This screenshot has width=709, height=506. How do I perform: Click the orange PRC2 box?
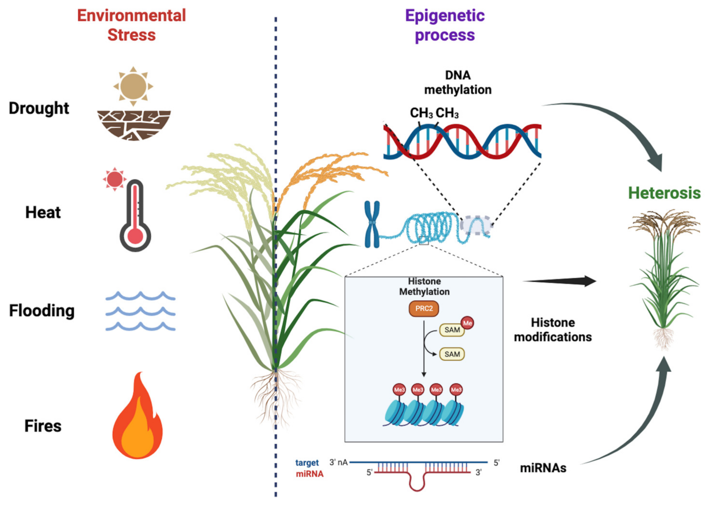pos(424,308)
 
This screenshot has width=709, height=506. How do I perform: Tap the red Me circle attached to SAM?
pos(467,323)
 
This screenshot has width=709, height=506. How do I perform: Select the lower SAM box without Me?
pos(452,354)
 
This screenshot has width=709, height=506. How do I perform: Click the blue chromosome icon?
pos(372,224)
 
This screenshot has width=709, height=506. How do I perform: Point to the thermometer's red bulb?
pos(135,236)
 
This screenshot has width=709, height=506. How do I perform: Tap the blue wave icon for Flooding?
pos(140,311)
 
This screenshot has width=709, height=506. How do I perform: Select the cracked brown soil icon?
pos(134,125)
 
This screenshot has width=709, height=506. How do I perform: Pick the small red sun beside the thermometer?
pos(114,179)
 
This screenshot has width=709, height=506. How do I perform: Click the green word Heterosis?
pos(664,193)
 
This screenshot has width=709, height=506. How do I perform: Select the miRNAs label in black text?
pos(543,468)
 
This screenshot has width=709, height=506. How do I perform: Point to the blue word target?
pos(307,463)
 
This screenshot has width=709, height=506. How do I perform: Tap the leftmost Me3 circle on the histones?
pos(399,390)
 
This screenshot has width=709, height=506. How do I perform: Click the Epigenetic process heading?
pos(445,25)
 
